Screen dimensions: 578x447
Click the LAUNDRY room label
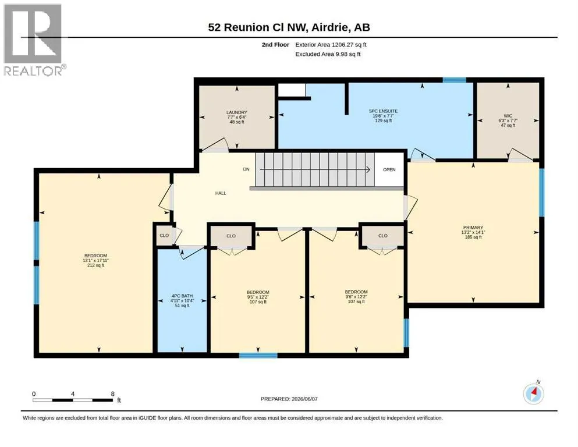coord(237,112)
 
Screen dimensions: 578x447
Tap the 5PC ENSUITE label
coord(384,111)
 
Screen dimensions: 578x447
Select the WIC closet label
coord(508,116)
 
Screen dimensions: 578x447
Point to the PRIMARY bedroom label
coord(473,228)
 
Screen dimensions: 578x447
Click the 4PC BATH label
coord(182,296)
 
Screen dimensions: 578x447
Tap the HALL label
coord(221,193)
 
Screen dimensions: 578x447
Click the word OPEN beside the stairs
coord(389,169)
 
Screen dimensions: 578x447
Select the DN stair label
coord(246,169)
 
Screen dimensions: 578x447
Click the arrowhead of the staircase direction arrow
coord(368,169)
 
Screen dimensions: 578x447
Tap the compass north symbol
coord(533,394)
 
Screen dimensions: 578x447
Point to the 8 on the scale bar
coord(113,393)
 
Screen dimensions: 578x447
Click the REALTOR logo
coord(33,40)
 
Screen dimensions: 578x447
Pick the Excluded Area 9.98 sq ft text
coord(328,54)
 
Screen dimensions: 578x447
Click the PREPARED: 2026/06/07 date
coord(289,399)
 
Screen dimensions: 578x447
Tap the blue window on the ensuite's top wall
coord(454,80)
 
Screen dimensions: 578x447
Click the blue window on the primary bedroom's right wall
coord(541,192)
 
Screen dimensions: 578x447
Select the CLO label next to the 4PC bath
coord(164,236)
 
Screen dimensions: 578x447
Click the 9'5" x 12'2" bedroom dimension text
coord(258,297)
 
